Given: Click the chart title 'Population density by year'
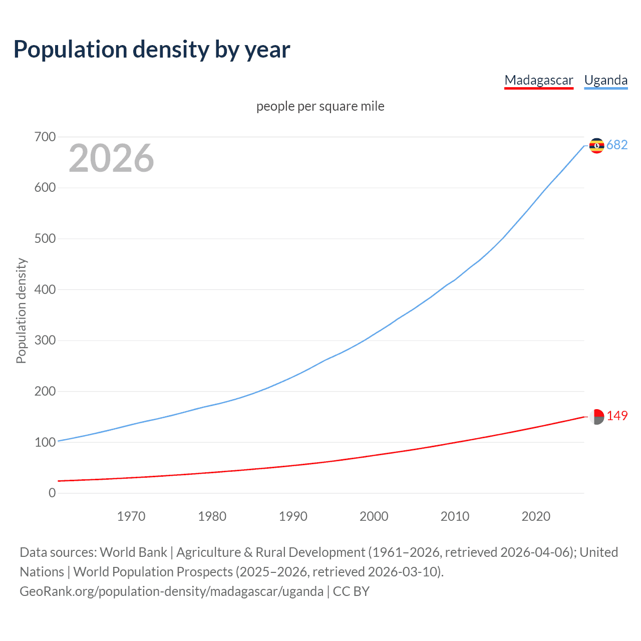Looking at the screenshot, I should pos(152,49).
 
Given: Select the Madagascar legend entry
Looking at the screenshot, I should pos(538,80).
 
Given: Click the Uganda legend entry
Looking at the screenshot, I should pos(605,80).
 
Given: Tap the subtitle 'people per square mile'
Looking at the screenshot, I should pos(320,106).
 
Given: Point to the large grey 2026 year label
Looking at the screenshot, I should pos(111,158).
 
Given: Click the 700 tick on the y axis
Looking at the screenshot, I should pos(45,137).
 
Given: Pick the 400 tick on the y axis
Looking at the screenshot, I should pos(45,289).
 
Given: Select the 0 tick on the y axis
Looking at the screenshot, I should pos(52,493).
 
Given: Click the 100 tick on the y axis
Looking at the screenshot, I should pos(45,442).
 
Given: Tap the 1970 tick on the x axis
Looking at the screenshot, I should pos(131,516).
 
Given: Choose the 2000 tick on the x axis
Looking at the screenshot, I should pos(374,516).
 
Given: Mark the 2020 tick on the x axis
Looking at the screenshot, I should pos(536,516).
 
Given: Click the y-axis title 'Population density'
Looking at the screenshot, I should pos(21,310).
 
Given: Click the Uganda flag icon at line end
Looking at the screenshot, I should pos(596,145).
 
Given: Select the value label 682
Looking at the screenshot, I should pos(617,145).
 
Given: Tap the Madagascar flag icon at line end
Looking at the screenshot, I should pos(596,416).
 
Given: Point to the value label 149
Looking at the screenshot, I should pos(617,416).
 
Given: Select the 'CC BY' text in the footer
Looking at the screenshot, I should pos(351,591).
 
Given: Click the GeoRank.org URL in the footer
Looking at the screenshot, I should pos(171,591).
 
